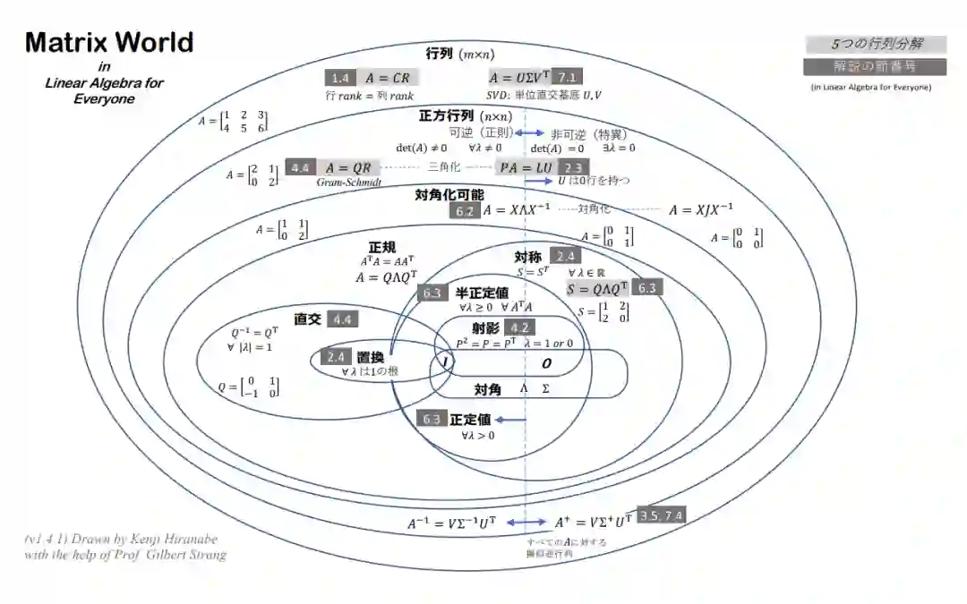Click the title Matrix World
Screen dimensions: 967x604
(x=109, y=42)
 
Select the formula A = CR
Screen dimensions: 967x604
(x=388, y=78)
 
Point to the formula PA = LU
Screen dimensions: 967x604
(x=526, y=167)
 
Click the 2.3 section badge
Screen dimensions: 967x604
(x=573, y=167)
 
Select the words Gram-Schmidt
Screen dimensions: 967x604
(x=349, y=182)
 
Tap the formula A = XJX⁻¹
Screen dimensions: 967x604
(x=701, y=210)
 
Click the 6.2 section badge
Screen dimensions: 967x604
(x=464, y=211)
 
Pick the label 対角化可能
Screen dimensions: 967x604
(x=449, y=194)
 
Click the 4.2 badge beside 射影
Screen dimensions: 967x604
(x=519, y=328)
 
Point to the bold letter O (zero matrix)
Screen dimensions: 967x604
(x=546, y=362)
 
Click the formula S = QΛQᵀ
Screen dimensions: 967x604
(x=598, y=288)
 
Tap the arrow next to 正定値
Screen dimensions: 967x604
(x=511, y=419)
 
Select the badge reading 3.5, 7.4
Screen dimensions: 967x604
(x=661, y=515)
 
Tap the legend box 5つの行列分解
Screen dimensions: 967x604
(x=876, y=44)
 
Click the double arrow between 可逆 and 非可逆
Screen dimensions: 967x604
(x=527, y=132)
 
